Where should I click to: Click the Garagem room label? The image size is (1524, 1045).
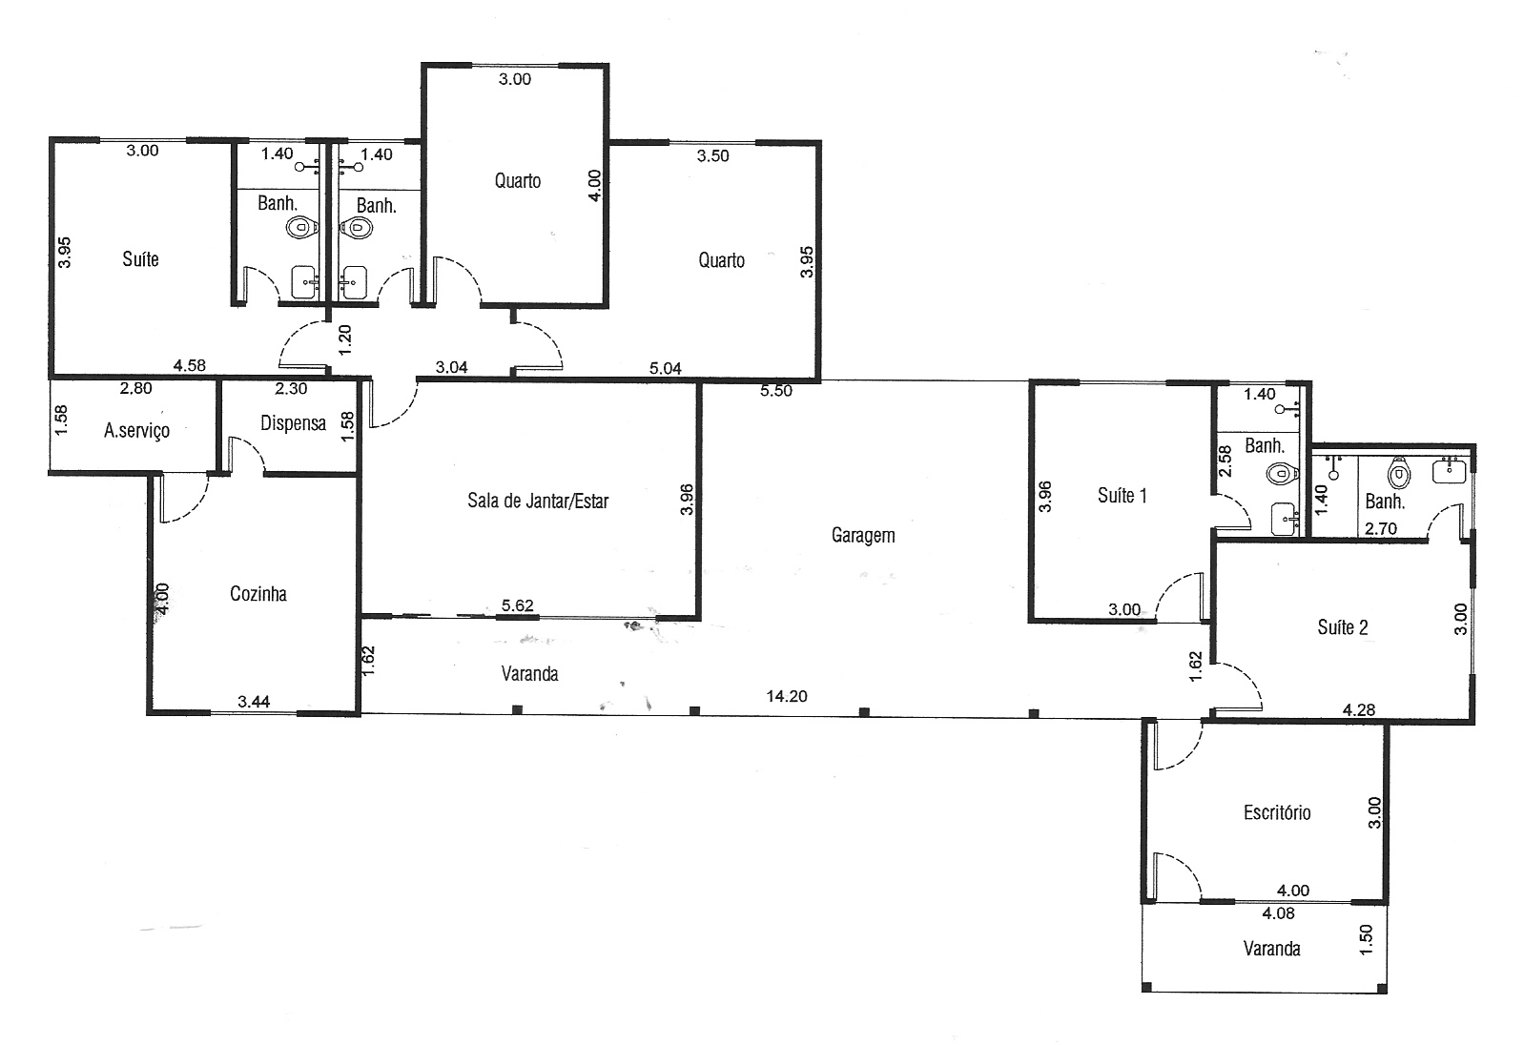(x=863, y=536)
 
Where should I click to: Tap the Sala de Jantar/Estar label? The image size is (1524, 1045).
(x=538, y=502)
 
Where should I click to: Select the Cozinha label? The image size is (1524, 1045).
(x=257, y=594)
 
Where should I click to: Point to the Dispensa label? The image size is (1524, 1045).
(x=293, y=424)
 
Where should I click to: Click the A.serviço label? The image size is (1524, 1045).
(x=136, y=431)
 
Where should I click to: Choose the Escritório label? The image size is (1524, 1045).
(x=1277, y=812)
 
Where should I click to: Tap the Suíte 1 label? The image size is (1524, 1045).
(x=1122, y=495)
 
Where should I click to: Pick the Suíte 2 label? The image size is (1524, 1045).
(x=1343, y=627)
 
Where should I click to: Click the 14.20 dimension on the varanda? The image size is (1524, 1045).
(x=787, y=696)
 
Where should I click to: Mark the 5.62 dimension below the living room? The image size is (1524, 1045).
(x=517, y=604)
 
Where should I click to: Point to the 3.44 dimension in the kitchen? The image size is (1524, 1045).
(x=254, y=702)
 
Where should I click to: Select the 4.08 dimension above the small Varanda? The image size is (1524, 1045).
(x=1278, y=913)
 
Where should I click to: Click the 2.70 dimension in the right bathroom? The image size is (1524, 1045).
(x=1381, y=528)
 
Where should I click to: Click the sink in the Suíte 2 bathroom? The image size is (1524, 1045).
(x=1450, y=471)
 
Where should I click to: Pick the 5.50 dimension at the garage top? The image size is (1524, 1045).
(x=776, y=391)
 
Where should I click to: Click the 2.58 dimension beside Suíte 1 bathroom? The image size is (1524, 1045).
(x=1225, y=461)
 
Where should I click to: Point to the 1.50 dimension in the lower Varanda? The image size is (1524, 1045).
(x=1366, y=939)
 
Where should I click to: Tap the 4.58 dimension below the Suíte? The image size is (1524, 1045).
(x=189, y=365)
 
